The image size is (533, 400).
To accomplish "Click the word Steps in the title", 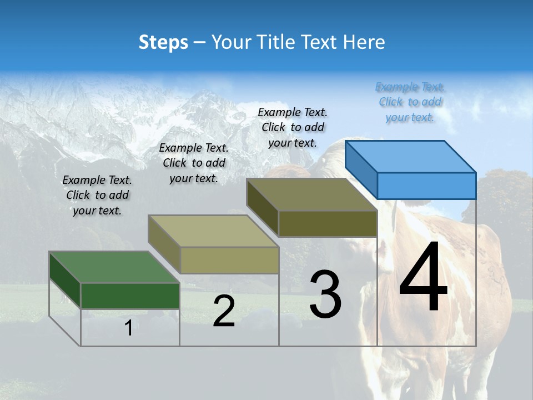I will coord(163,42).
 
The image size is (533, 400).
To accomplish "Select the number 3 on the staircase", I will coord(325,294).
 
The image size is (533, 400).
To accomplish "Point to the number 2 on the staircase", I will coord(224,312).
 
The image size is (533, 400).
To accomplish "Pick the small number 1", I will coord(128,328).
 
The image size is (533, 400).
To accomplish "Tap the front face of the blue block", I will coord(426,186).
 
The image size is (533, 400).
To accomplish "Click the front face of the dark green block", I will coord(130,296).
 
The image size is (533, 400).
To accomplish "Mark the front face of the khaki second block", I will coord(229,260).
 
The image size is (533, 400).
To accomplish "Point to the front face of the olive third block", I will coord(328,223).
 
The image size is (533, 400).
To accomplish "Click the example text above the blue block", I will coord(410,102).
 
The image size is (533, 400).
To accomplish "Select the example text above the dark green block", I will coord(97,195).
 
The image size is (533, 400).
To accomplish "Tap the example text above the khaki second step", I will coord(194,163).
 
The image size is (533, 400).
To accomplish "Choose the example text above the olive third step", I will coord(293,127).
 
